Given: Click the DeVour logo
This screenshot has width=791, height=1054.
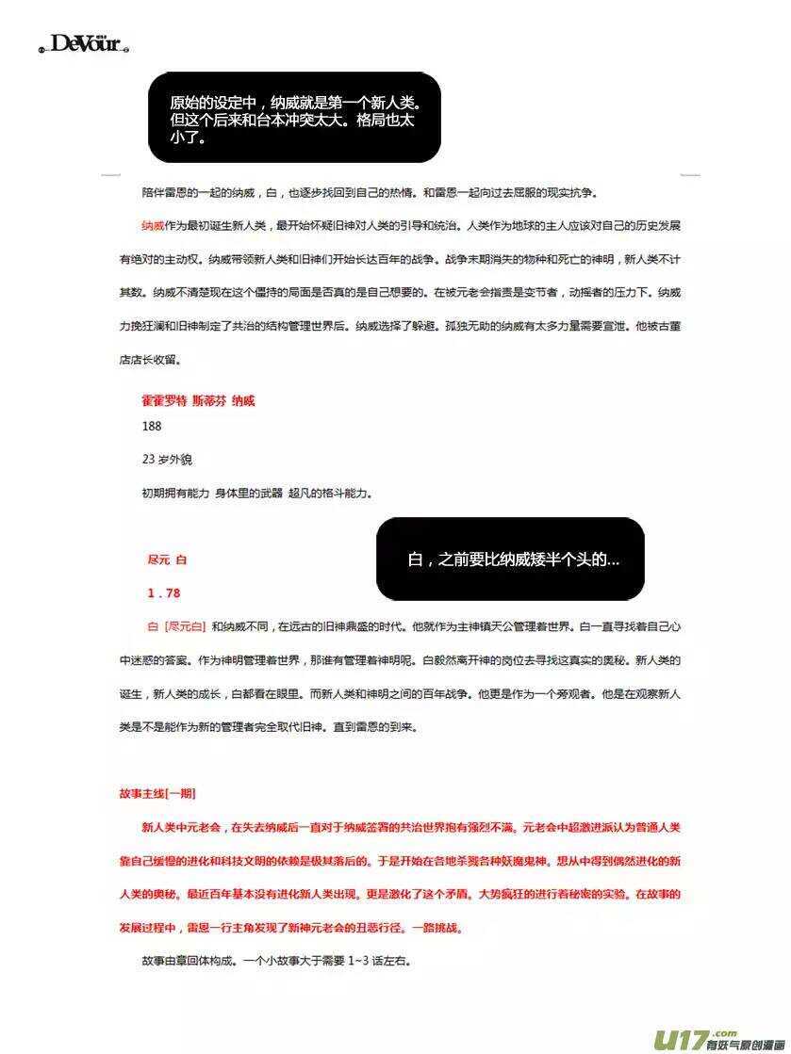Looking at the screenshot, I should pos(84,43).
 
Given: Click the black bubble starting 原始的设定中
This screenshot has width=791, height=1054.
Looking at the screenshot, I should pos(294,118).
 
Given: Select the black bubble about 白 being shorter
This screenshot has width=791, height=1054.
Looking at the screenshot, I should pos(510,559).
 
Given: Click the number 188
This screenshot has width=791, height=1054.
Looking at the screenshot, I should pos(152,426).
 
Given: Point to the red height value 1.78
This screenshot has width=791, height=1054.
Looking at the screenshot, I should pos(163,592).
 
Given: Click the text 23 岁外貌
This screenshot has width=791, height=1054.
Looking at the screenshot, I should pos(167,459).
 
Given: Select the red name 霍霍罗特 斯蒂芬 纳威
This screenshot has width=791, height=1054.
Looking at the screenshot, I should pos(198,400).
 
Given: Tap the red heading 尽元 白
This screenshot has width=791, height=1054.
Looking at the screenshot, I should pos(167,559).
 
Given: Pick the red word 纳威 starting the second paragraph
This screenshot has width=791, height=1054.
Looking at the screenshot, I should pos(153,226).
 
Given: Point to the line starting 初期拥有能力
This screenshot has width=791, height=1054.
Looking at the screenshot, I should pos(256,492).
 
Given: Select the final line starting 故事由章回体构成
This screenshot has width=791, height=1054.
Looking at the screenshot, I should pos(277,962).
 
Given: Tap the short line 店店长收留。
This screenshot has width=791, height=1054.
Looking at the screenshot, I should pos(150,359).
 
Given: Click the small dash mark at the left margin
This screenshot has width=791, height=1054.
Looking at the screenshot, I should pos(110,174).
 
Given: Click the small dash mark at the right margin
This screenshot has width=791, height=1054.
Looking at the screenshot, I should pos(690,174).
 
